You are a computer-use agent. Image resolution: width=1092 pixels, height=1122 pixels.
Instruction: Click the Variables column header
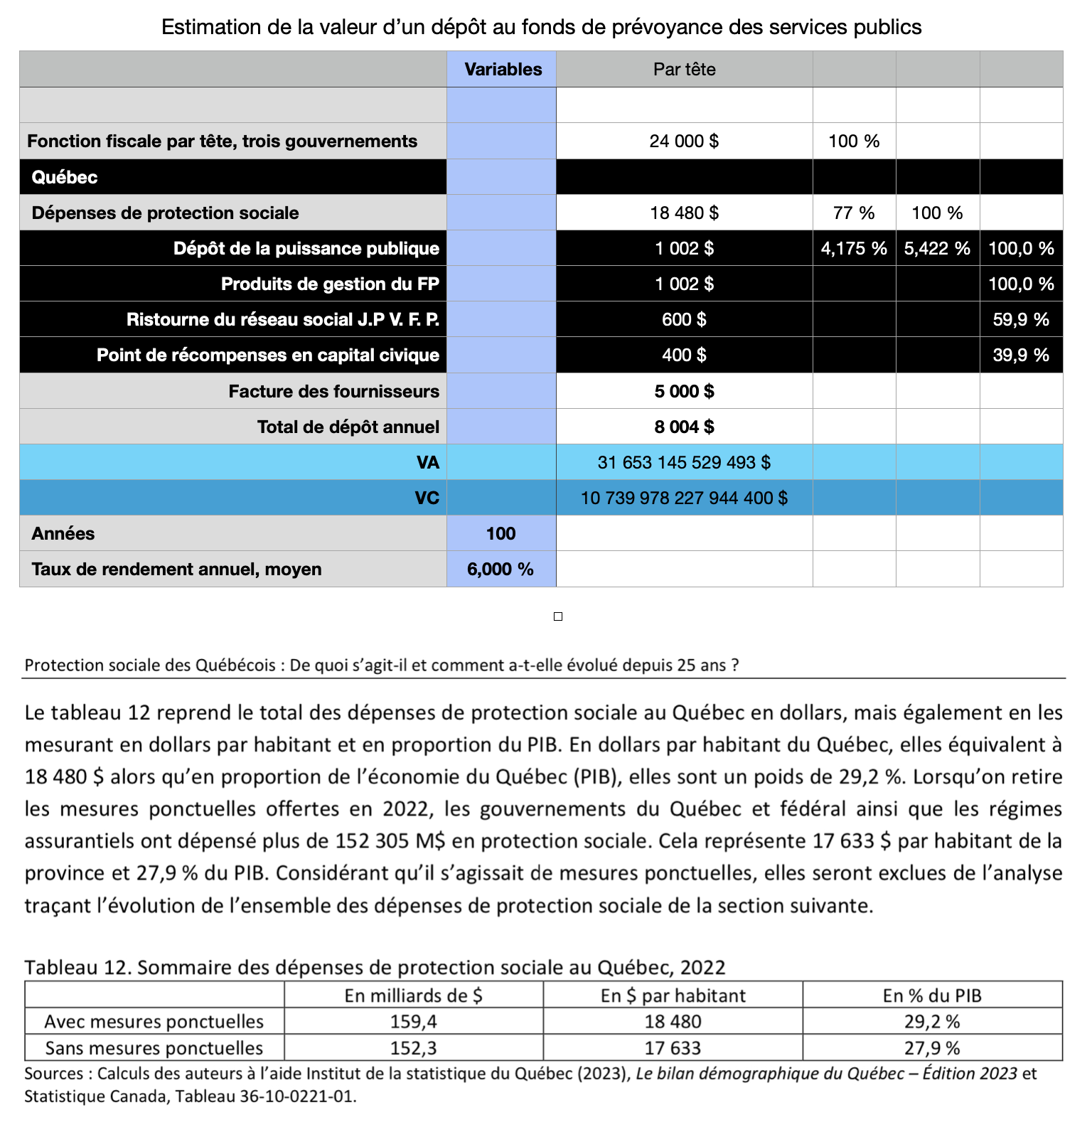(x=503, y=70)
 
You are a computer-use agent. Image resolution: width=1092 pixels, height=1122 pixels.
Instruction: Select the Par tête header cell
(x=684, y=70)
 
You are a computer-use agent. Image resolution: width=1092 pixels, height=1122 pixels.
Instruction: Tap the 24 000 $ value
(x=684, y=141)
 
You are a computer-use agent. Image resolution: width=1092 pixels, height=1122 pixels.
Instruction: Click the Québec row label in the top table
(x=65, y=177)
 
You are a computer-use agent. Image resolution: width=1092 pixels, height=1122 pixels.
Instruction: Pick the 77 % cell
(x=854, y=213)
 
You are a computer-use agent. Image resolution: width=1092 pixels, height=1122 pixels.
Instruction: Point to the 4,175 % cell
(x=854, y=248)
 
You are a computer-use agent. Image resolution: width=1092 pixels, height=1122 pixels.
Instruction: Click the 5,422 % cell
(x=937, y=248)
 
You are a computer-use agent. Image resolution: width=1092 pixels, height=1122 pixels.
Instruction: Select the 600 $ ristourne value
(x=684, y=319)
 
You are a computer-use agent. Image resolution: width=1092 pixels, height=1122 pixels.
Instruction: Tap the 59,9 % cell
(x=1021, y=319)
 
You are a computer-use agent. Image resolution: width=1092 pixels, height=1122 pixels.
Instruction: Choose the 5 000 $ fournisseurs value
(x=684, y=391)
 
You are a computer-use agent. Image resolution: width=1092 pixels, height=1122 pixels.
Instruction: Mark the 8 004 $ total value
(x=684, y=427)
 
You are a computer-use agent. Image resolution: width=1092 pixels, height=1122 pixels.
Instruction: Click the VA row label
(x=427, y=463)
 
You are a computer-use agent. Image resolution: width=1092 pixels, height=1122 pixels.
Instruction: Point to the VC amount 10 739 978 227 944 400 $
(x=684, y=498)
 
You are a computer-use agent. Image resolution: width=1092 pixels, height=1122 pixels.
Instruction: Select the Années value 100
(x=500, y=533)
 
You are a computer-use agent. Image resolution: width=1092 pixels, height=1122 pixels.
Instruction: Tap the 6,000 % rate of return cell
(x=500, y=569)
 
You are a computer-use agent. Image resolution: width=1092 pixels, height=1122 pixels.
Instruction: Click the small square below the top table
(x=558, y=616)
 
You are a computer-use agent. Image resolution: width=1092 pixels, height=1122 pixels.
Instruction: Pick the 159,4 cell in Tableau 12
(x=413, y=1022)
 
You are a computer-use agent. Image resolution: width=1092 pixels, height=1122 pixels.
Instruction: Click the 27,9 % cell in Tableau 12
(x=932, y=1048)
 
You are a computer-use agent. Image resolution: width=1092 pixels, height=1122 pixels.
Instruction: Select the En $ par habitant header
(x=673, y=995)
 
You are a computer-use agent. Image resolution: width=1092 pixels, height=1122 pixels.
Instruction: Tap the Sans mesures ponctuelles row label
(x=154, y=1048)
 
